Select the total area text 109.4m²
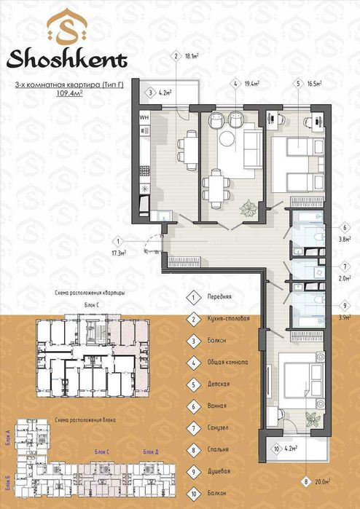pyautogui.click(x=69, y=94)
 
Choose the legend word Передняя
pyautogui.click(x=219, y=297)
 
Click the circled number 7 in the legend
pyautogui.click(x=193, y=427)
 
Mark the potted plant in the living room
pyautogui.click(x=250, y=207)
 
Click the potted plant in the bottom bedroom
pyautogui.click(x=313, y=419)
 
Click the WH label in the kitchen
pyautogui.click(x=144, y=117)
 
